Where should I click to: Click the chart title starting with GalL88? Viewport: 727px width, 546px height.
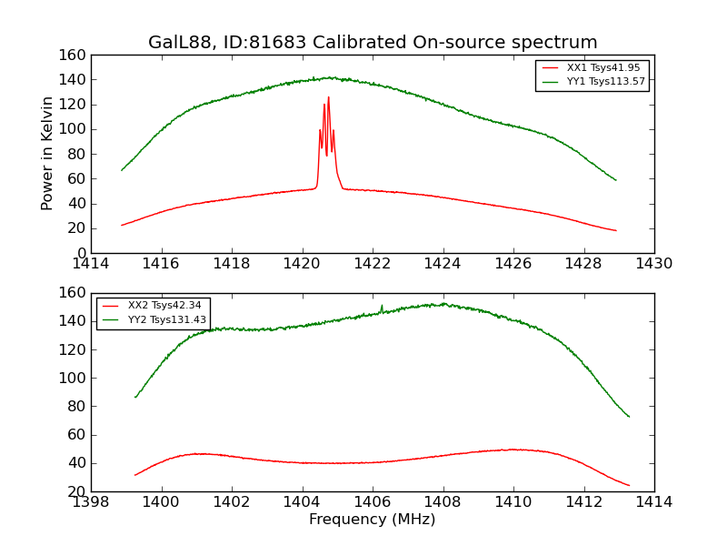point(373,43)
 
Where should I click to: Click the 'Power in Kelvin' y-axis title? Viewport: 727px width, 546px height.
point(47,153)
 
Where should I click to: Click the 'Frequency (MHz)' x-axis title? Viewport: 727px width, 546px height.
point(372,520)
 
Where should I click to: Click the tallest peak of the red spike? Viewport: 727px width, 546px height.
point(328,97)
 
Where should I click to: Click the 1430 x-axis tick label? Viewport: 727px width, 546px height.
point(653,263)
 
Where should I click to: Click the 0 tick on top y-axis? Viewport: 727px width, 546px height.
point(82,253)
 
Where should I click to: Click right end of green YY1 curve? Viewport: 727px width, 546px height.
point(615,179)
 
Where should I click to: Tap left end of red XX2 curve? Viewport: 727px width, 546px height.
point(135,475)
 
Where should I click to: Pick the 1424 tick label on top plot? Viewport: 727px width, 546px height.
point(443,263)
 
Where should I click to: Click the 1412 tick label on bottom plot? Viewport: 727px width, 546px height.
point(583,502)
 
